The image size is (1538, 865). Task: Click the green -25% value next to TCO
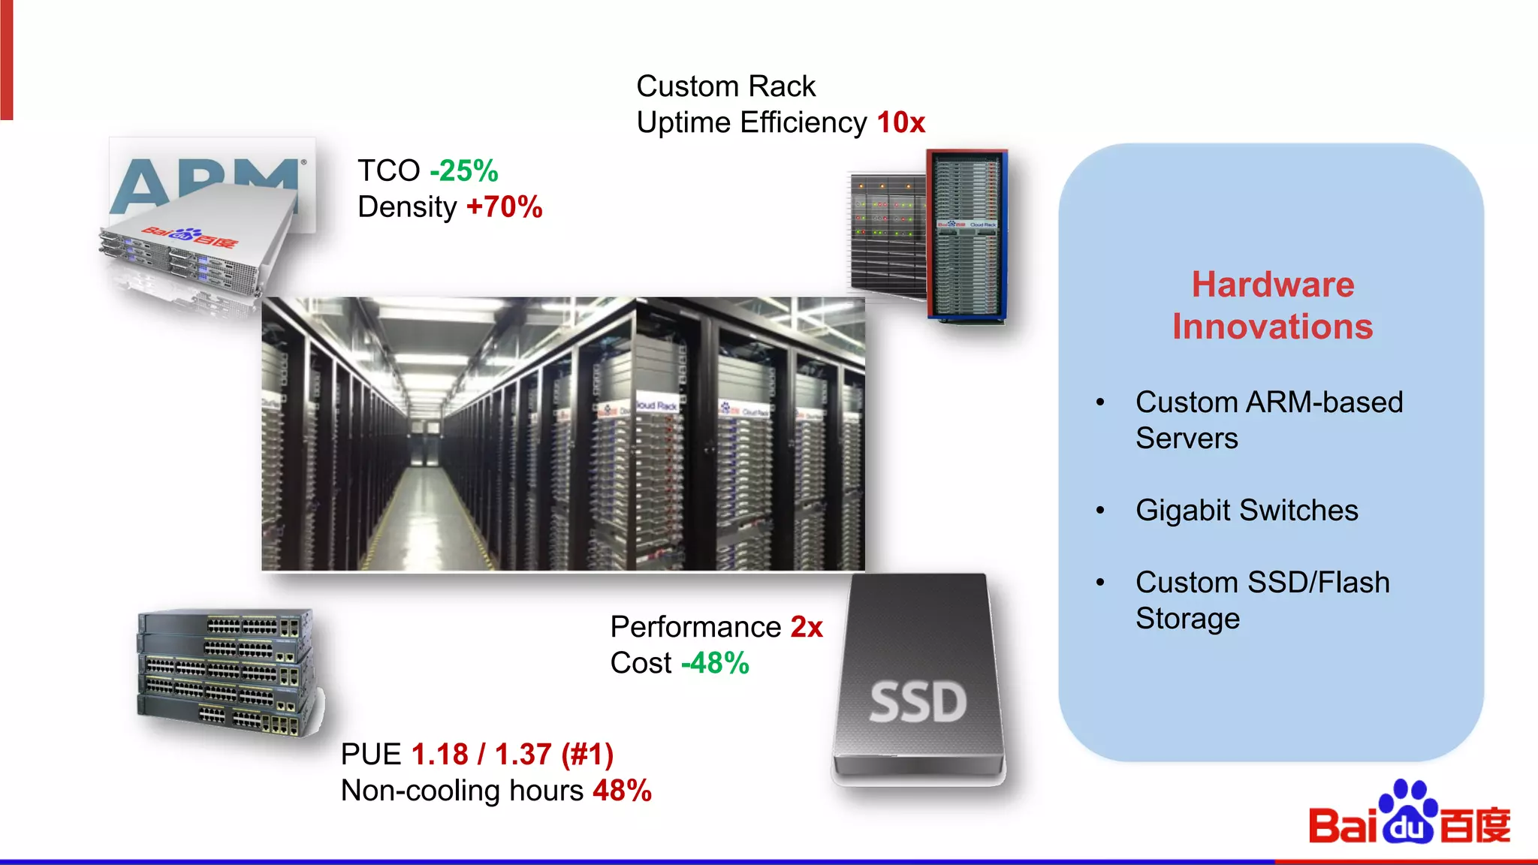click(463, 171)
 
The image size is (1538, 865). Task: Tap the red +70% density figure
click(504, 207)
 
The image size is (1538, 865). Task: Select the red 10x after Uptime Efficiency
click(900, 122)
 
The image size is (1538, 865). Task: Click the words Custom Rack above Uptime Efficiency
click(725, 86)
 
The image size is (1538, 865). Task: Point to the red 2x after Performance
click(807, 627)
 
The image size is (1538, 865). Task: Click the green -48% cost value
click(715, 663)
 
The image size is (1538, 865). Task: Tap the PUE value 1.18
click(439, 755)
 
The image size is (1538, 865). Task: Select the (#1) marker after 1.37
click(587, 755)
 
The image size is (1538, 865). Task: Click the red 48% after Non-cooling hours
click(622, 791)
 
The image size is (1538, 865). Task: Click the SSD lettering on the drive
click(918, 703)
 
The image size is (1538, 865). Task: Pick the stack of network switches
click(225, 672)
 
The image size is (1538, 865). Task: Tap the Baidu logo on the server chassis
click(189, 237)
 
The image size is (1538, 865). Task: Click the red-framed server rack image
click(966, 237)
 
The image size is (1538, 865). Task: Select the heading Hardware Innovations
click(1272, 306)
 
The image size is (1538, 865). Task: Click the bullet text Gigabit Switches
click(1247, 511)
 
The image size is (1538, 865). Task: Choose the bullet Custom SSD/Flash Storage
click(1262, 601)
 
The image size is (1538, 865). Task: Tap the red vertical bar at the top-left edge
click(6, 60)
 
